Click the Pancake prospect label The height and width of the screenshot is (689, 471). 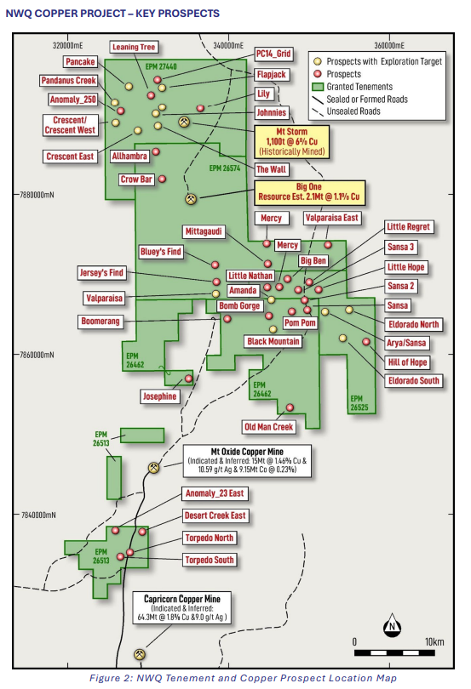[x=80, y=61]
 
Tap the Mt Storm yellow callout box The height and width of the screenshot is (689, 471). [x=290, y=140]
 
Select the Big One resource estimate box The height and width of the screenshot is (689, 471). [x=305, y=191]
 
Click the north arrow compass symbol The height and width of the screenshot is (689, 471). [x=392, y=627]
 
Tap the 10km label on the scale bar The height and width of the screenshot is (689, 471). [x=431, y=641]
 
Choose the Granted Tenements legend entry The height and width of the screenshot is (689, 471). [x=364, y=86]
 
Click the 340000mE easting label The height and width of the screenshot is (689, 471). [x=227, y=43]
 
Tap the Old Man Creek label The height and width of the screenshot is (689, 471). [x=268, y=427]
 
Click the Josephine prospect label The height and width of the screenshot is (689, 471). [x=159, y=396]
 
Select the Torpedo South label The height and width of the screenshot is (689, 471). [x=209, y=560]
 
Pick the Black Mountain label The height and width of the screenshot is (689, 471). [x=273, y=341]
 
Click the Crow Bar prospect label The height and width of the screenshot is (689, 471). [x=136, y=179]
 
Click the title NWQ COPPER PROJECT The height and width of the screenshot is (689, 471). [x=112, y=13]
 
